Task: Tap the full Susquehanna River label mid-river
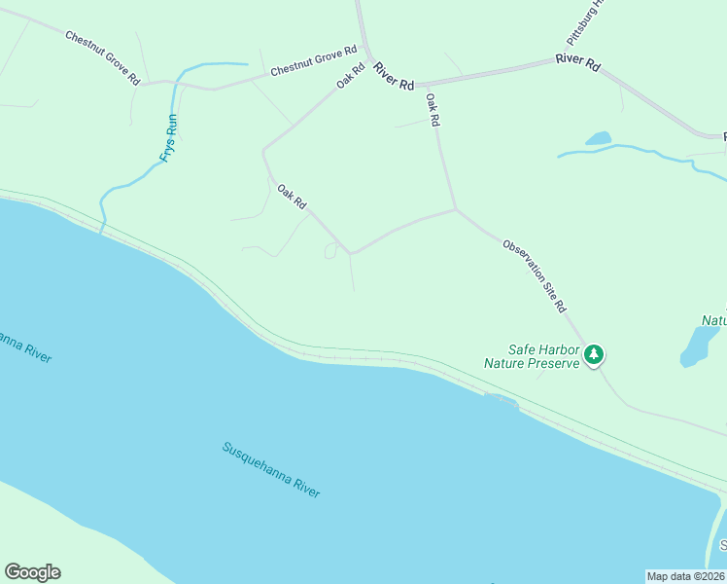pos(271,470)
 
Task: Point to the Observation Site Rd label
pos(535,274)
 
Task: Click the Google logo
pos(33,571)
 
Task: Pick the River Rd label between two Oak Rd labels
pos(393,81)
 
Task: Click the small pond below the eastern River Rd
pos(598,139)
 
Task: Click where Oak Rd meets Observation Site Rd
pos(456,208)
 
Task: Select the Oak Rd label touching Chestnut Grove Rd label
pos(351,76)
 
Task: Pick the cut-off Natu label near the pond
pos(714,319)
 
